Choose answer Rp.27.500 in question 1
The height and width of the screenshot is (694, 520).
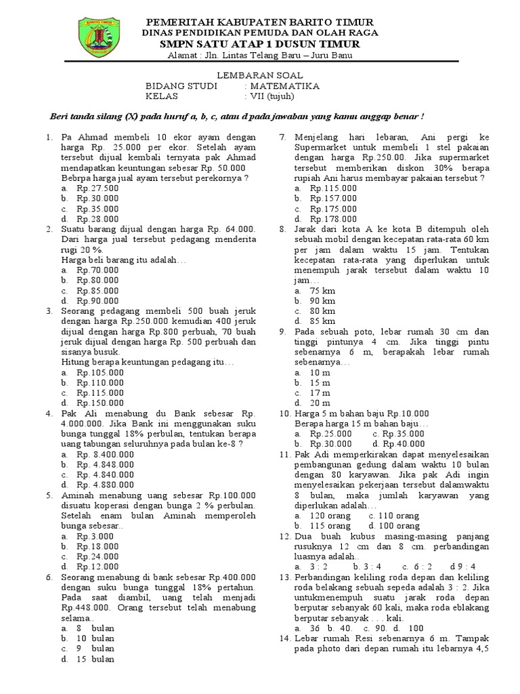pos(97,188)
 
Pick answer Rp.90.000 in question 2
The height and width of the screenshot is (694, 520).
pos(97,300)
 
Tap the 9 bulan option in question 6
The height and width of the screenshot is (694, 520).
pos(95,649)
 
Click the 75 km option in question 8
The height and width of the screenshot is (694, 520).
pos(322,290)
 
